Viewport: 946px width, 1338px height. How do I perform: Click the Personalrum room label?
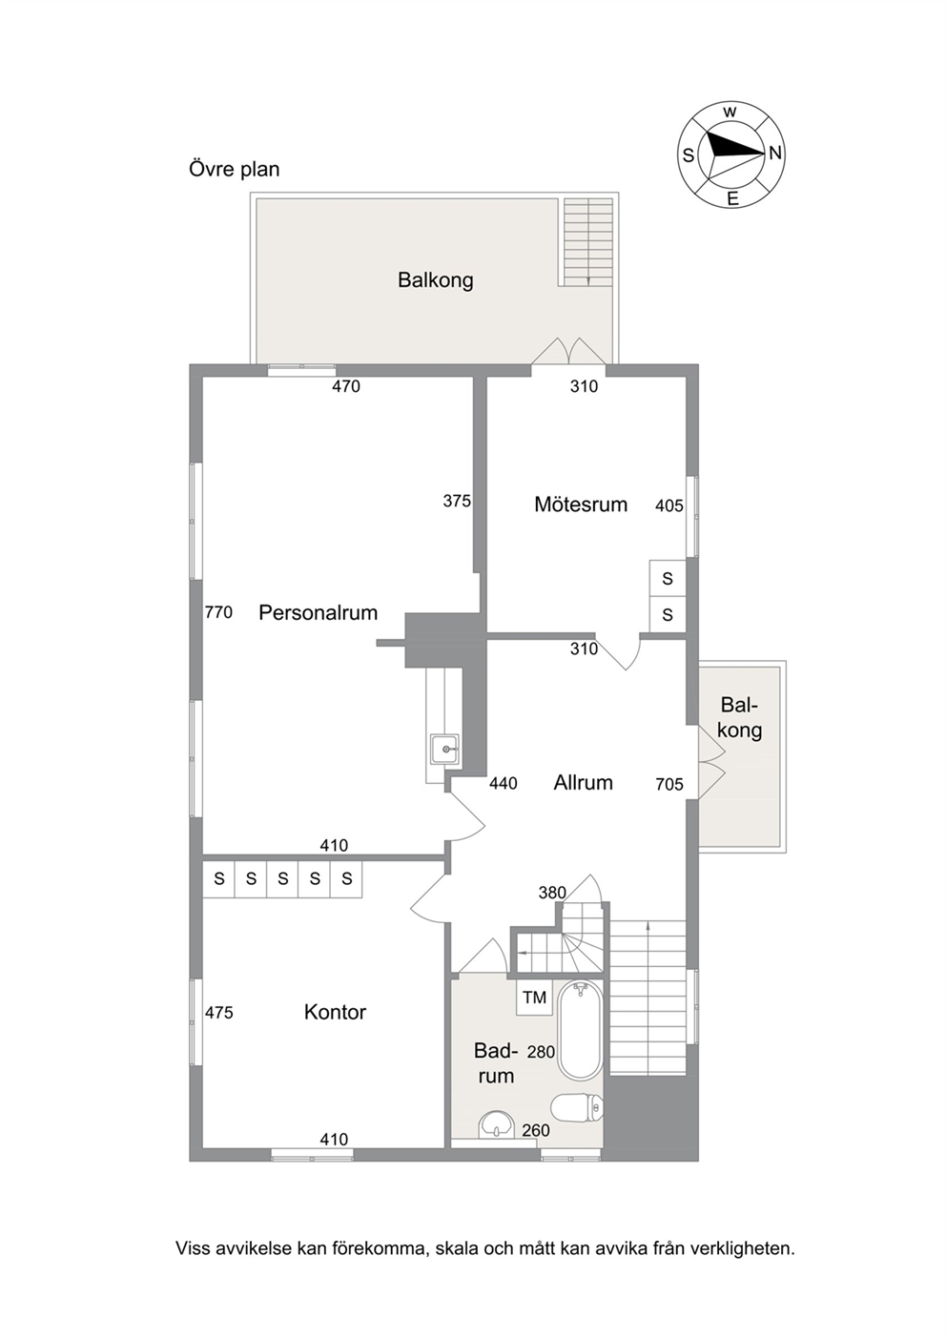coord(318,613)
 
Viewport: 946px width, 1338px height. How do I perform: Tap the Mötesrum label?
coord(581,504)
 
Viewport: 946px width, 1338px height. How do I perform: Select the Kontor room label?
coord(335,1012)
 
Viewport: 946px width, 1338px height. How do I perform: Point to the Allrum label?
coord(583,783)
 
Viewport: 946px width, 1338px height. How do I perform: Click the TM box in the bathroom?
coord(535,997)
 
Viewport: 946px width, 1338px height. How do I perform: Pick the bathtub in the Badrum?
coord(580,1030)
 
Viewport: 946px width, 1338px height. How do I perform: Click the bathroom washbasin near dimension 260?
coord(496,1125)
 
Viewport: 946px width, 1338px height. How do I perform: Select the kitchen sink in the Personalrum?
coord(445,750)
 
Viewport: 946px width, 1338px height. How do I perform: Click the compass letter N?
coord(775,154)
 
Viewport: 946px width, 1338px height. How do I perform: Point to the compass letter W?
coord(730,112)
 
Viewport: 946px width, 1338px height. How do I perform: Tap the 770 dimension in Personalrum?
coord(218,612)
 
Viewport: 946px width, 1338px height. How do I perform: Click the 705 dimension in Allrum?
coord(668,784)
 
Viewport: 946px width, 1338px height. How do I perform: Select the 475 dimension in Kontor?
coord(218,1013)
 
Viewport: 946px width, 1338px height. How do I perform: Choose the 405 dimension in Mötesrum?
coord(668,506)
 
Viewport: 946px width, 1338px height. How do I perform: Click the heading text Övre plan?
coord(234,169)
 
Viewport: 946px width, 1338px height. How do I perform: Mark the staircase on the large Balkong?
coord(588,242)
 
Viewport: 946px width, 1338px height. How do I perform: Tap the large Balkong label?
coord(436,280)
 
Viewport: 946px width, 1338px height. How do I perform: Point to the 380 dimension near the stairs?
coord(552,893)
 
